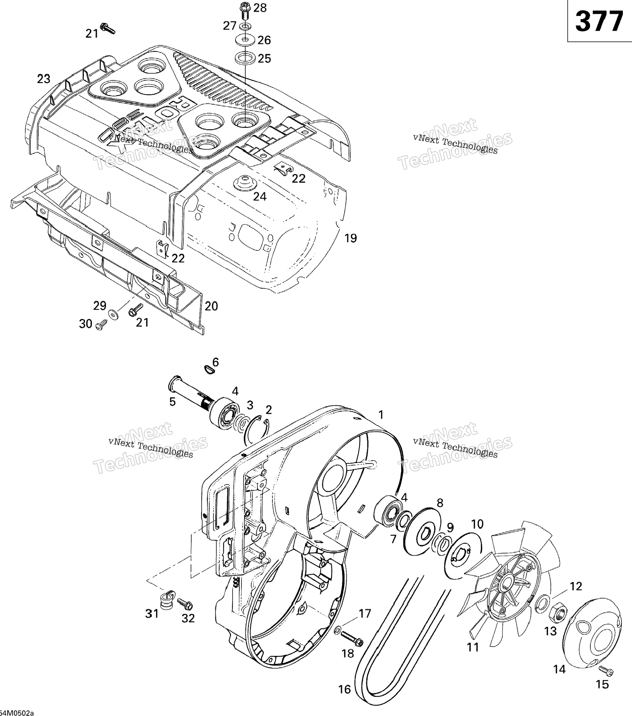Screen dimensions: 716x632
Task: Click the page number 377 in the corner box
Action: coord(599,22)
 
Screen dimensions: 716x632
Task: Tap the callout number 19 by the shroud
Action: coord(350,238)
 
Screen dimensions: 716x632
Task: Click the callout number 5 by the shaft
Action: coord(172,402)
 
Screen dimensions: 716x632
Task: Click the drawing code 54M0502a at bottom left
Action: coord(17,712)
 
